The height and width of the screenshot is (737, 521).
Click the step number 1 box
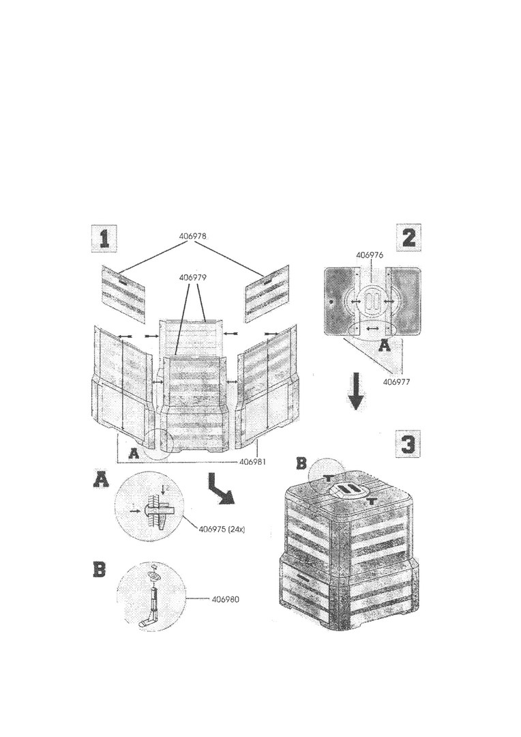coord(104,239)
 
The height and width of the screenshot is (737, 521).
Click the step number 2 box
coord(408,237)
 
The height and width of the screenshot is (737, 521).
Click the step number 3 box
coord(407,444)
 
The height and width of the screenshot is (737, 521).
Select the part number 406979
coord(192,277)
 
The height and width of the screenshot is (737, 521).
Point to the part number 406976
coord(370,255)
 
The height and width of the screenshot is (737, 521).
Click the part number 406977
coord(397,381)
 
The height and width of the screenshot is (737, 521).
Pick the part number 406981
coord(253,461)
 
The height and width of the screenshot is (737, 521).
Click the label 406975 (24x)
coord(222,529)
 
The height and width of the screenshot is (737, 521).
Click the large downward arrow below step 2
coord(356,391)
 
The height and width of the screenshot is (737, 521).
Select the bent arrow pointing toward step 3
coord(220,489)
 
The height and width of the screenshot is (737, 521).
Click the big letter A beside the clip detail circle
coord(102,481)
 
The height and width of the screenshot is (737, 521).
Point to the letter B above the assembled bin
coord(301,464)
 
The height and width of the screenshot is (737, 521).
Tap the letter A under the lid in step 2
coord(385,346)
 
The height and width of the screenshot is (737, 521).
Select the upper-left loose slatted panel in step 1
coord(123,292)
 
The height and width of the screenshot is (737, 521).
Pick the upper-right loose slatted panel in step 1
coord(266,292)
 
